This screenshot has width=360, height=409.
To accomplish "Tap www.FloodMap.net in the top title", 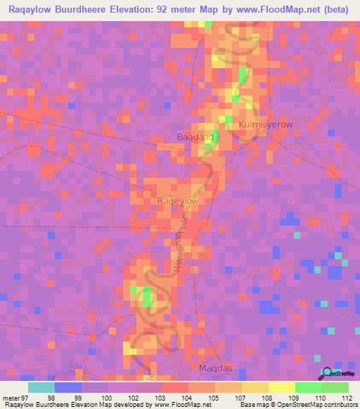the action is coord(269,9).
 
